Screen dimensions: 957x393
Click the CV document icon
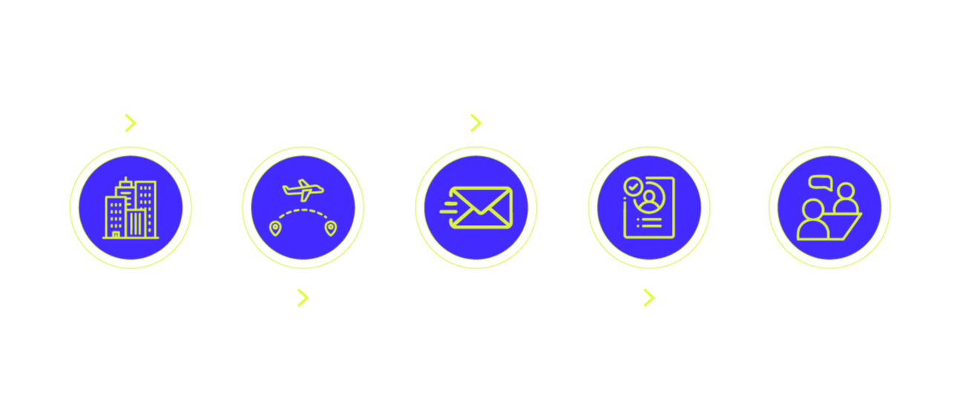tap(648, 207)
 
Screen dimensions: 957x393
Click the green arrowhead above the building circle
tap(129, 122)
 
